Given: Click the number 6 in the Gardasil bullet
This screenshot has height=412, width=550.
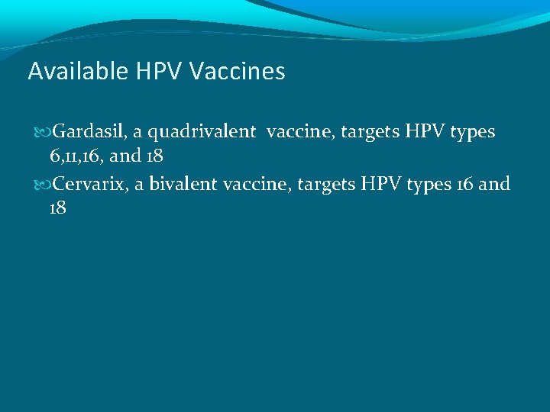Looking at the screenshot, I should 53,156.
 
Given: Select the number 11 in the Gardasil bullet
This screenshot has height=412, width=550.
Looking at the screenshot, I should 67,156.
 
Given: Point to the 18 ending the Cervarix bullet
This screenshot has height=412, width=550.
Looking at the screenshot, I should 57,208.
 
